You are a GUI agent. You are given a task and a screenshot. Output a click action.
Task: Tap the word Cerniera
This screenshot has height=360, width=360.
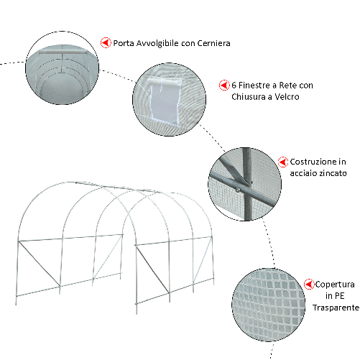tap(211, 43)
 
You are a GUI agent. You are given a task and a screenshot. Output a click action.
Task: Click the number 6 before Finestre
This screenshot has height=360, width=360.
tap(234, 86)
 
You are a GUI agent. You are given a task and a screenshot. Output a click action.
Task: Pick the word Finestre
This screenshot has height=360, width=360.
tap(256, 86)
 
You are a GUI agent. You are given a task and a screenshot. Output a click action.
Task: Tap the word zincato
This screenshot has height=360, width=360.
tap(333, 174)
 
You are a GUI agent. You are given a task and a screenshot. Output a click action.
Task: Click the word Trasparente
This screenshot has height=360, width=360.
tap(336, 308)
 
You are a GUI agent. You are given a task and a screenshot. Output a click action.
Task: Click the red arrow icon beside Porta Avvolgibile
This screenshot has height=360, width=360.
tap(106, 42)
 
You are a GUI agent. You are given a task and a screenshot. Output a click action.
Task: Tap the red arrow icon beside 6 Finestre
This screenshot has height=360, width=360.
tap(223, 86)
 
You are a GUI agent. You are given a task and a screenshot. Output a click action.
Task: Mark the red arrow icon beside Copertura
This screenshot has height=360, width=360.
tap(310, 285)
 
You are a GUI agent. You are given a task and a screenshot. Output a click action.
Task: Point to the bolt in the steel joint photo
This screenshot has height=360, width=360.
tap(237, 190)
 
